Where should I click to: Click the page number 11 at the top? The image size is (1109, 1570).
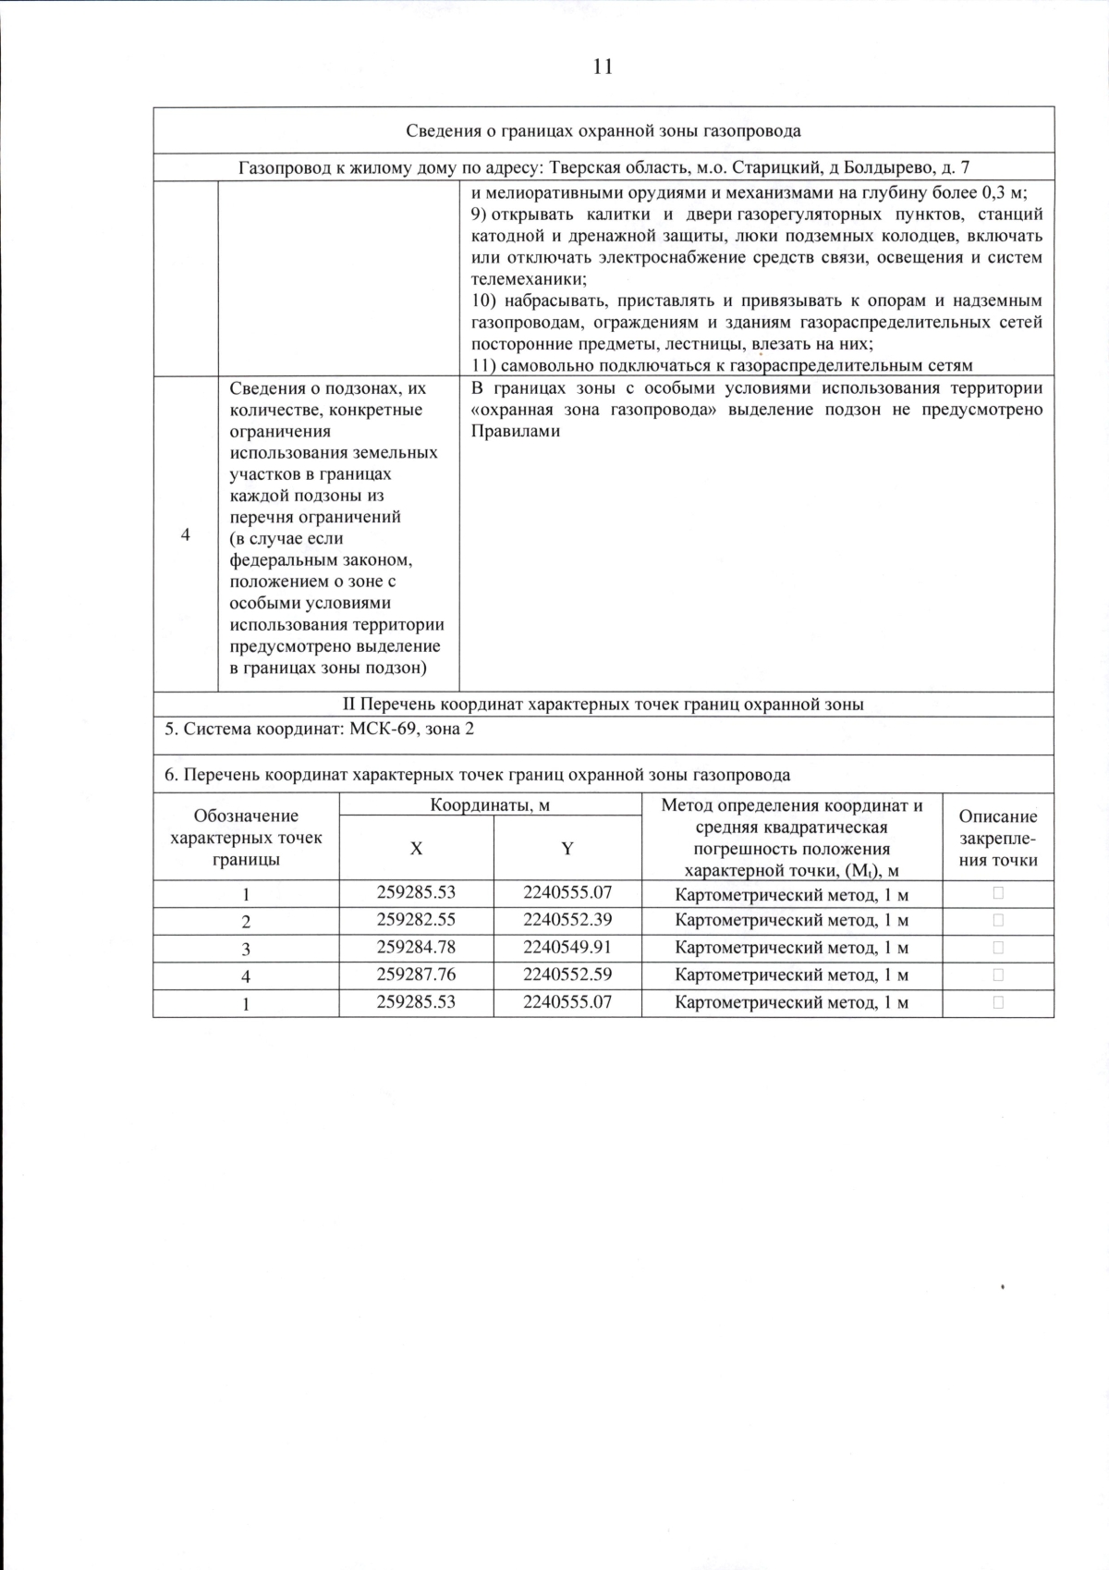(x=602, y=67)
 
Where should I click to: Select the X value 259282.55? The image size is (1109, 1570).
(x=416, y=920)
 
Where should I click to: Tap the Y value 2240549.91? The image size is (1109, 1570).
(x=567, y=948)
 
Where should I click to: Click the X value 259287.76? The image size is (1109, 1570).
(x=416, y=975)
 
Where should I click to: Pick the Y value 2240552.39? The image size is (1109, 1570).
(x=567, y=920)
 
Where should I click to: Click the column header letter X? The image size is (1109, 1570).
(x=416, y=848)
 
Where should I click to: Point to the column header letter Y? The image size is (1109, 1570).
(x=567, y=848)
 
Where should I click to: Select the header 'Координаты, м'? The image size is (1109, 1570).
(x=490, y=805)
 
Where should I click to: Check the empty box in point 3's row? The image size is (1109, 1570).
(x=998, y=948)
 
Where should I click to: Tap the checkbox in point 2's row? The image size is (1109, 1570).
(x=998, y=920)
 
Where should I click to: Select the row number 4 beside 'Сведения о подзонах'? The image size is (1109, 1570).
(x=185, y=535)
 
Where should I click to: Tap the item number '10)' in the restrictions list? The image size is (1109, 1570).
(x=483, y=301)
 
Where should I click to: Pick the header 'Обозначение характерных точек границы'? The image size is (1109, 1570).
(x=246, y=838)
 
